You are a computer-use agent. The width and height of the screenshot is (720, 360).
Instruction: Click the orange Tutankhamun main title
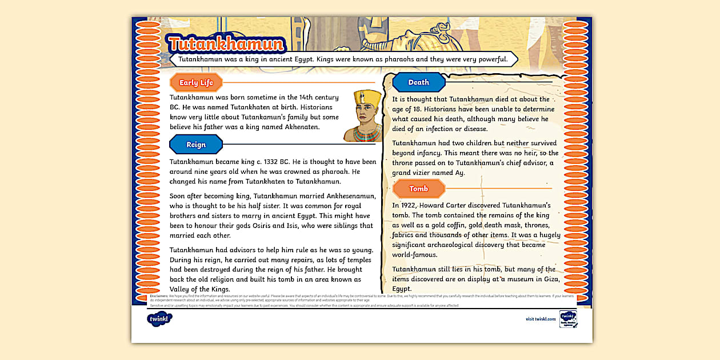tap(226, 45)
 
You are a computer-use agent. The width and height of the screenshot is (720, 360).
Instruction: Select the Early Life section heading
tap(196, 83)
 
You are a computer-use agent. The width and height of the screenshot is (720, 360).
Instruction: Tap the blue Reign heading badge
tap(196, 145)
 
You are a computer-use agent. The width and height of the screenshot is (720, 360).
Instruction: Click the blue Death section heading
tap(418, 82)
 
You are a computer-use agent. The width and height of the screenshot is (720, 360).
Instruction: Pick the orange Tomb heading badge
tap(418, 189)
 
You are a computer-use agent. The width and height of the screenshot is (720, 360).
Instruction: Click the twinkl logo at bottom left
tap(159, 318)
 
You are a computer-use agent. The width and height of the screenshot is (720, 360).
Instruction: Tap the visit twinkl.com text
tap(541, 319)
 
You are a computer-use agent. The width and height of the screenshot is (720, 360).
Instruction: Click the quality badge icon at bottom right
tap(568, 319)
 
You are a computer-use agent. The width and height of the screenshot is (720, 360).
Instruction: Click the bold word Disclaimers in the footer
tap(158, 296)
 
